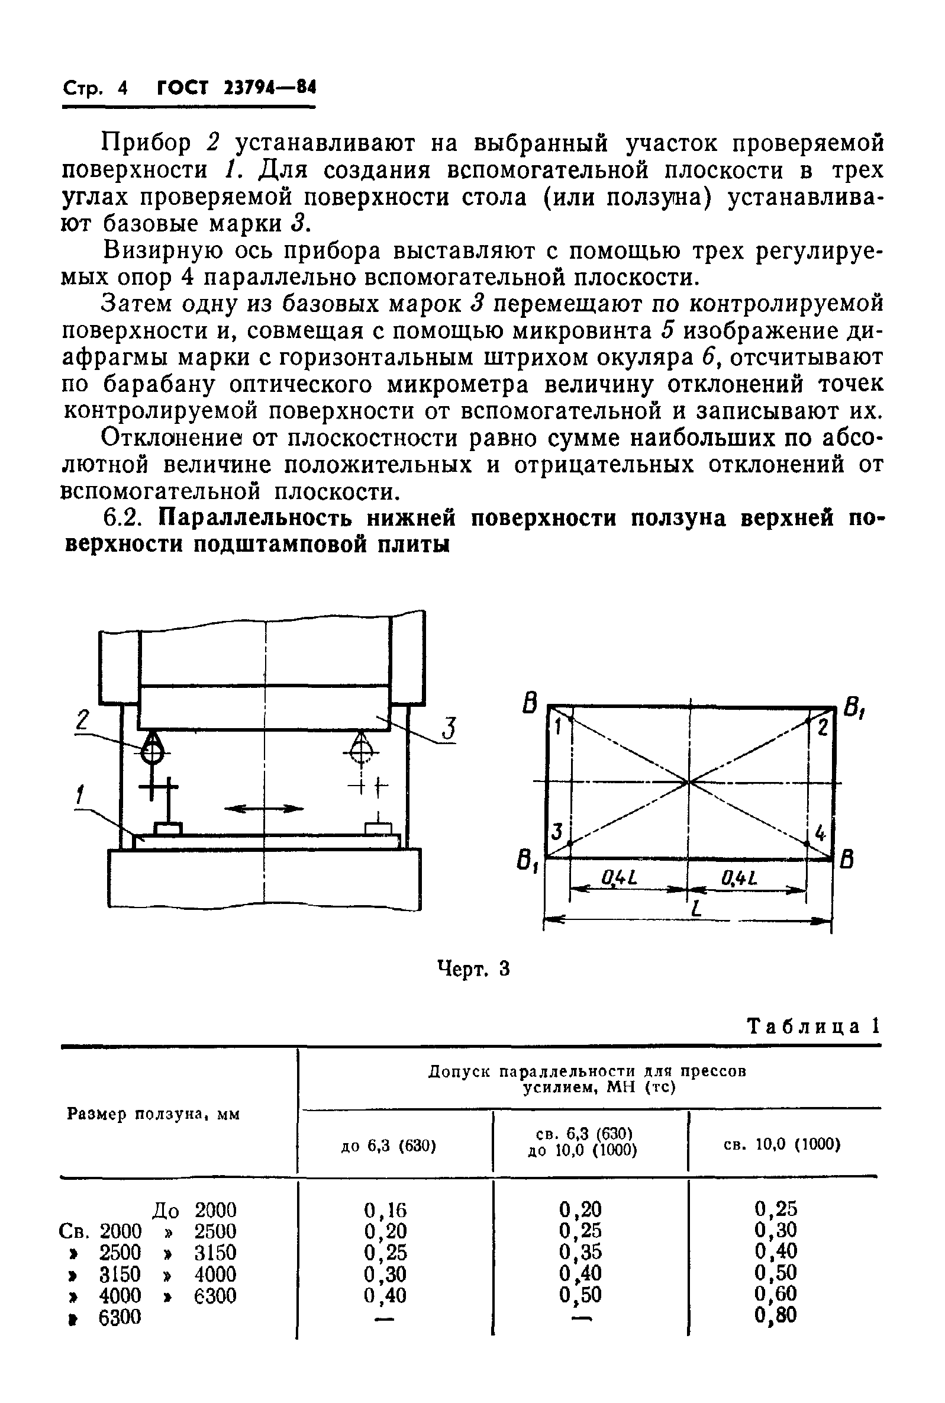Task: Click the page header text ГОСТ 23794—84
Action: point(236,89)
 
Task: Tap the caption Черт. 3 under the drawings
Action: point(473,969)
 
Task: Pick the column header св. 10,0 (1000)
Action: point(782,1144)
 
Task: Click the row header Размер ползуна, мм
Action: point(153,1114)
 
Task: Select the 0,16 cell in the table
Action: point(385,1209)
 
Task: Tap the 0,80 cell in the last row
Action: point(776,1314)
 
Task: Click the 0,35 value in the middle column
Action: point(580,1251)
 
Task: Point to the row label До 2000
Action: point(194,1209)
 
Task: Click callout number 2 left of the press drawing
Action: point(83,721)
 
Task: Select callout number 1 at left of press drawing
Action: point(78,796)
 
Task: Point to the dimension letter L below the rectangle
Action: point(697,908)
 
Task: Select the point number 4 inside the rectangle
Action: point(820,834)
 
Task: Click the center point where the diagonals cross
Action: point(689,783)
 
